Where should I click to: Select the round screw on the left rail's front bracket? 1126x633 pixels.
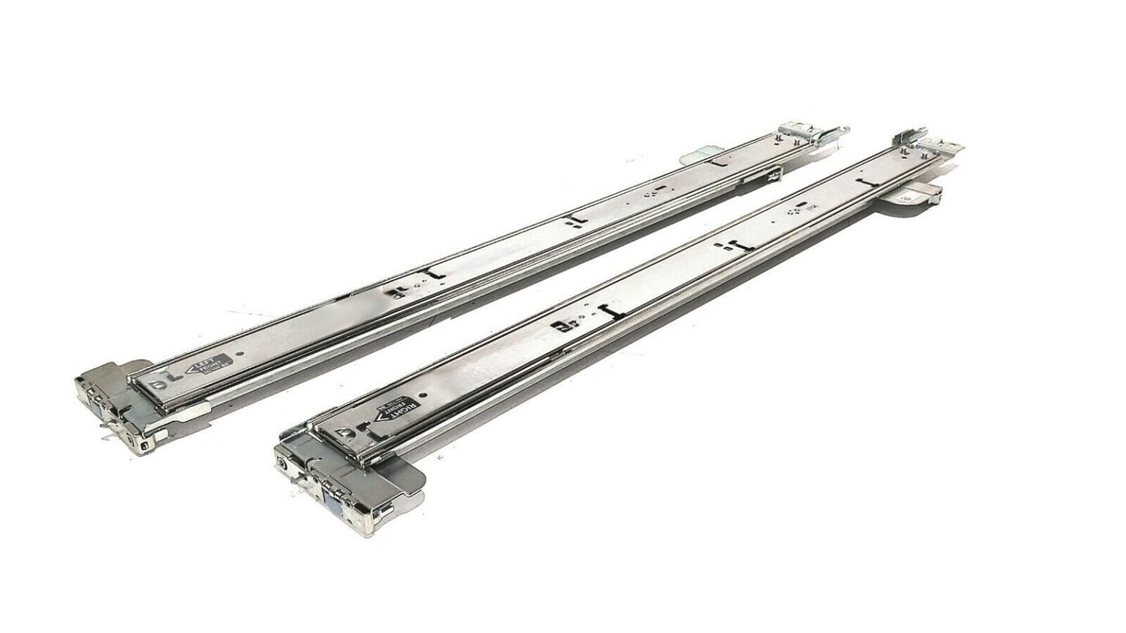point(130,437)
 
